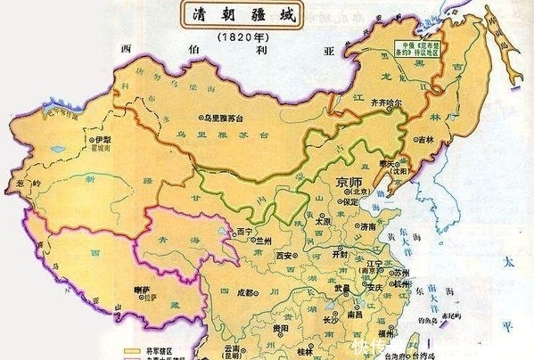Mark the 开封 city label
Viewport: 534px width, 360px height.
340,253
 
